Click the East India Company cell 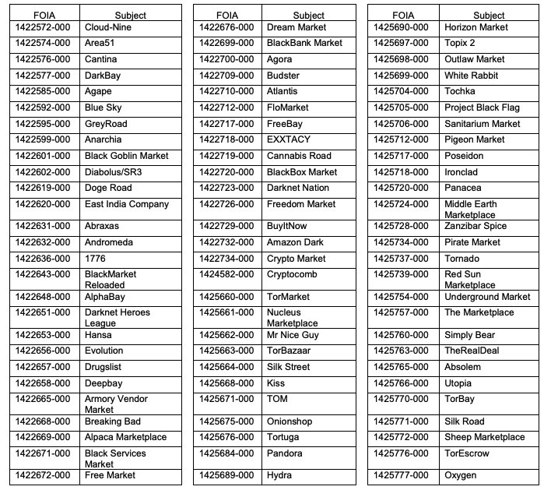point(126,204)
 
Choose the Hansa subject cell point(98,335)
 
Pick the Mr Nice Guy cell point(293,335)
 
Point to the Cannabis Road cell point(299,156)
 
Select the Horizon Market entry point(476,27)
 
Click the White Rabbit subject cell point(471,76)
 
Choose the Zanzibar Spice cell point(476,226)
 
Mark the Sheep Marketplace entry point(484,437)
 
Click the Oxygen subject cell point(460,475)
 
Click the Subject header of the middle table point(309,16)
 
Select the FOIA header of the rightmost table point(403,16)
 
